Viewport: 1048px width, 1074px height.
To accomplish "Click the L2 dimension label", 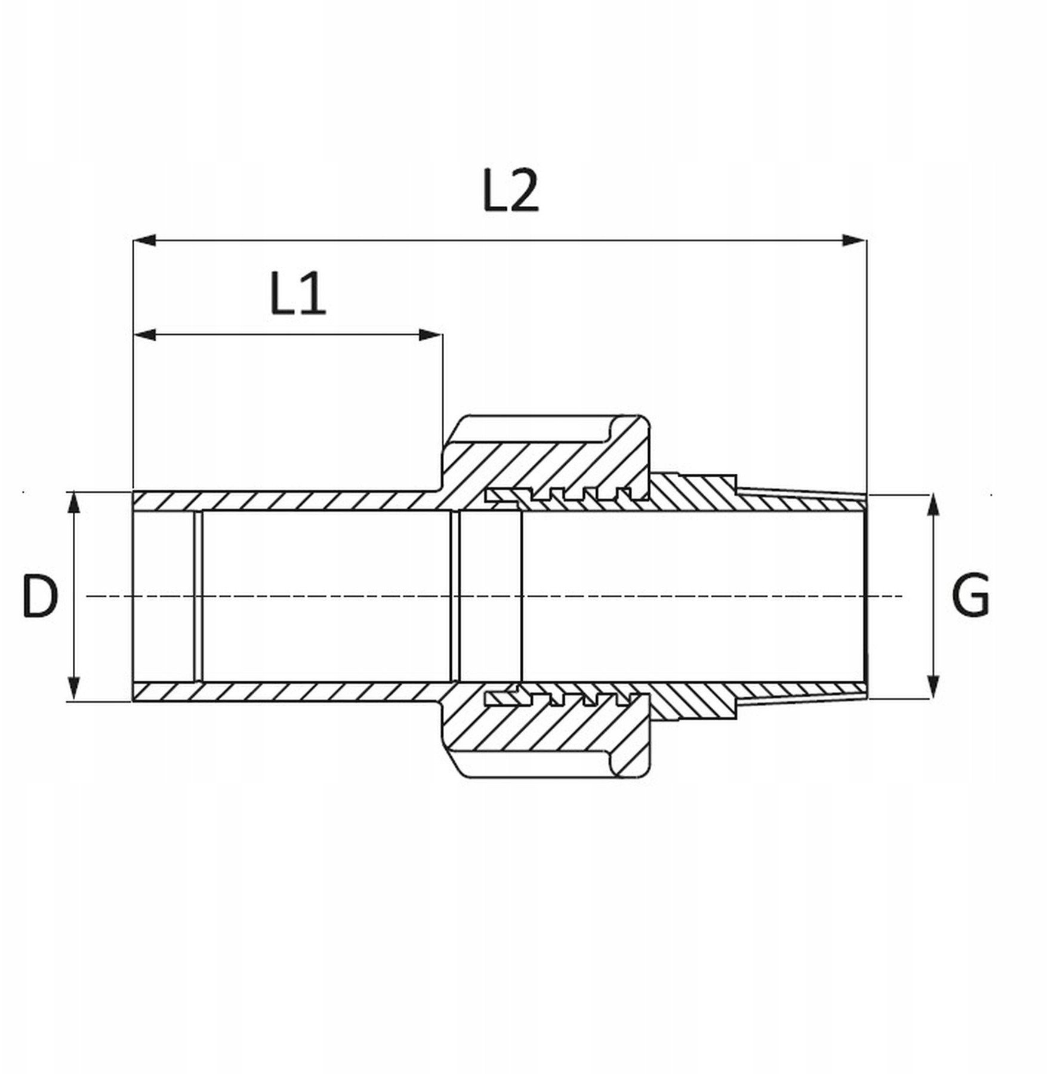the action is (x=510, y=190).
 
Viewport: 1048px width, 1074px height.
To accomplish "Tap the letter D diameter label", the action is (x=40, y=595).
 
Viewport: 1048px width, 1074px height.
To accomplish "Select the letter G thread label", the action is (x=971, y=595).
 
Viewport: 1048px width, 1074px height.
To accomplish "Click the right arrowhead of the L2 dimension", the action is (x=854, y=240).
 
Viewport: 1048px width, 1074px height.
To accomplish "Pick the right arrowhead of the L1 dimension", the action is (x=431, y=335).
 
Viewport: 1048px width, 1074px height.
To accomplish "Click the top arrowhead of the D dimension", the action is (x=73, y=502).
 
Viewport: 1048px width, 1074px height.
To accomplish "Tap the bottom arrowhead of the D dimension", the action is (x=73, y=689).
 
